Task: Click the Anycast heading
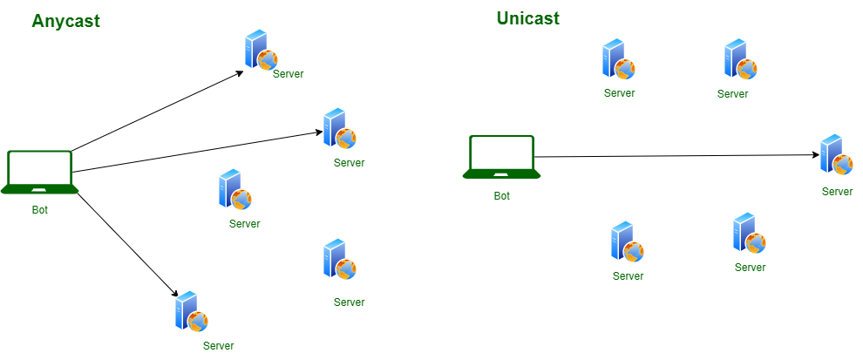tap(65, 22)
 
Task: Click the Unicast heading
tap(527, 18)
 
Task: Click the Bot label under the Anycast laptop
tap(40, 209)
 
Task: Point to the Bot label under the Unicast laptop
tap(502, 196)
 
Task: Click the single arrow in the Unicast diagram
tap(676, 156)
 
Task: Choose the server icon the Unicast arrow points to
tap(836, 155)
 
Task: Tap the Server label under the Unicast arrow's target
tap(837, 192)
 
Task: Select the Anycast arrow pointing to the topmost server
tap(157, 111)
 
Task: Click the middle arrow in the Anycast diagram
tap(196, 152)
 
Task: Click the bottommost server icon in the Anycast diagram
tap(191, 311)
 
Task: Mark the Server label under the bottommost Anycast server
tap(218, 346)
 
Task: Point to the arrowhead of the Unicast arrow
tap(816, 155)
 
